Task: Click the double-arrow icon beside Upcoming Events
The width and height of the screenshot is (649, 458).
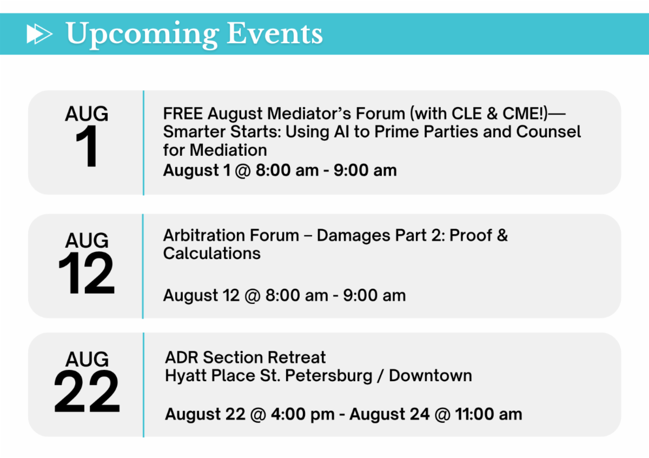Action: pyautogui.click(x=39, y=34)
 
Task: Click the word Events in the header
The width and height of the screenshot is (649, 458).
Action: pyautogui.click(x=274, y=34)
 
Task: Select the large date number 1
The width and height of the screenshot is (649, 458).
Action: pyautogui.click(x=87, y=146)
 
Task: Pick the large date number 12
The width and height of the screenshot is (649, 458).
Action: pyautogui.click(x=87, y=273)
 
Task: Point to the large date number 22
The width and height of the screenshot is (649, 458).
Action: pyautogui.click(x=87, y=391)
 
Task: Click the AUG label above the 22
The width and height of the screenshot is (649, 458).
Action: pyautogui.click(x=87, y=359)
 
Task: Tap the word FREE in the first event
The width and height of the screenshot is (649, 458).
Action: pyautogui.click(x=183, y=113)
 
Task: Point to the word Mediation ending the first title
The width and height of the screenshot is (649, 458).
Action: pyautogui.click(x=228, y=150)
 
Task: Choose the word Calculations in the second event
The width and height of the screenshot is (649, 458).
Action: pyautogui.click(x=212, y=254)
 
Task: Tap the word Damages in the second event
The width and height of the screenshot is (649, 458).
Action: pyautogui.click(x=353, y=235)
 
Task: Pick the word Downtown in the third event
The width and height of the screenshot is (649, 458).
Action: pyautogui.click(x=431, y=376)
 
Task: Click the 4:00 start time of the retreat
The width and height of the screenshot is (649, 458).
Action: pyautogui.click(x=288, y=414)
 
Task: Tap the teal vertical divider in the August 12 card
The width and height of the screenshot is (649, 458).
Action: pyautogui.click(x=143, y=266)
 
